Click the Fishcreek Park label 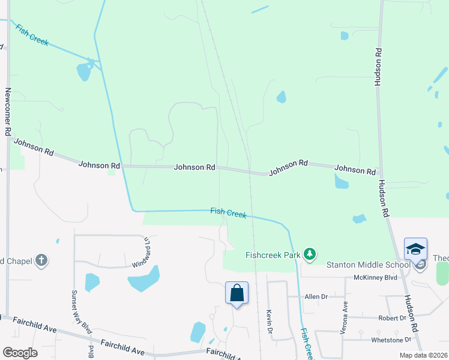click(273, 255)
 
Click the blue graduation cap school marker click(415, 249)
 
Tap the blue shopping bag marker click(237, 293)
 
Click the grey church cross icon click(41, 260)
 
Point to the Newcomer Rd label click(8, 112)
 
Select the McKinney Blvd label click(376, 277)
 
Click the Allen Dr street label click(316, 296)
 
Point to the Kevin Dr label click(269, 322)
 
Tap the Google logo click(19, 353)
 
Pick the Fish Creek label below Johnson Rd click(229, 212)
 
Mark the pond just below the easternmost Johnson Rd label click(341, 181)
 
